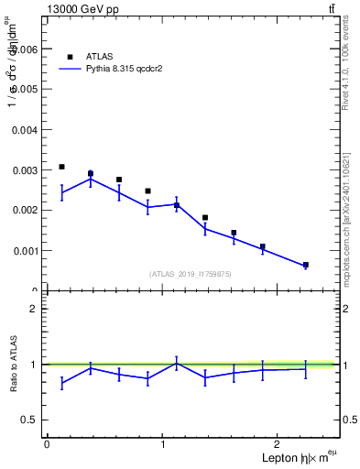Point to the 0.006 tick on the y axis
(25, 49)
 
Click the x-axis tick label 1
(163, 444)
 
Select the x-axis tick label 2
(280, 444)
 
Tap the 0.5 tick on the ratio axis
(31, 420)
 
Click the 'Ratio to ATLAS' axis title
(12, 365)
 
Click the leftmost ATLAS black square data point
(61, 167)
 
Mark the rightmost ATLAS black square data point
(305, 265)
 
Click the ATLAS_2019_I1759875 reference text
(191, 273)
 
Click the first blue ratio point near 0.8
(61, 384)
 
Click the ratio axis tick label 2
(33, 309)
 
